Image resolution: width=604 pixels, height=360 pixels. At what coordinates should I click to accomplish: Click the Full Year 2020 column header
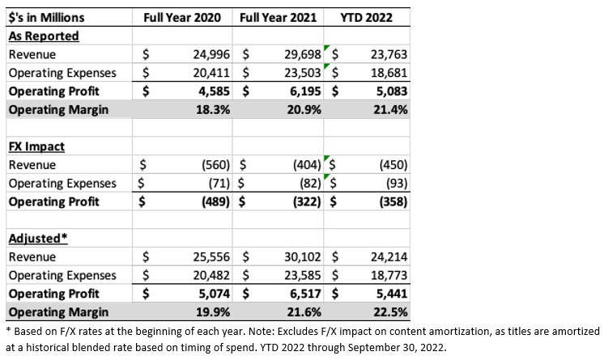pos(182,17)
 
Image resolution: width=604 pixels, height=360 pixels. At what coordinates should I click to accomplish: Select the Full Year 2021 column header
pos(278,17)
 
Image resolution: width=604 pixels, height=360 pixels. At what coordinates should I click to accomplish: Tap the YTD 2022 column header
pos(366,17)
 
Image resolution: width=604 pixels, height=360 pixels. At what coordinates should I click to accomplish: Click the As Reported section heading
pos(44,36)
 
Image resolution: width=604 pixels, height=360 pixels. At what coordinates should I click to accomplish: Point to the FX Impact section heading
pos(36,146)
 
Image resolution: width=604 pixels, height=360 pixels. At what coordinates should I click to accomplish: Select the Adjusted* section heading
pos(38,239)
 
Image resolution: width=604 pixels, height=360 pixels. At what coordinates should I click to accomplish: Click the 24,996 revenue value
pos(211,54)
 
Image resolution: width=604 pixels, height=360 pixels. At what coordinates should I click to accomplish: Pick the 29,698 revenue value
pos(303,54)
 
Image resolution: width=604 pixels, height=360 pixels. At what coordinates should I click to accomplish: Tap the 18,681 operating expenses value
pos(389,73)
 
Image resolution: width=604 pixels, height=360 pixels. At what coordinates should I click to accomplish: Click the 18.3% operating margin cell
pos(213,110)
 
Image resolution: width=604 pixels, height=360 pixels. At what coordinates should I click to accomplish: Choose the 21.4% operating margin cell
pos(390,110)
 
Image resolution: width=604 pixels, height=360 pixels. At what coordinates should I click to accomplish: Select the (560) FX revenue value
pos(215,165)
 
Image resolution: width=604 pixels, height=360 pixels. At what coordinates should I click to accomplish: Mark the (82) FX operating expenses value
pos(310,184)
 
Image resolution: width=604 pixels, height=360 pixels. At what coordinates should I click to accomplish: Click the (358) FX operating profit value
pos(393,201)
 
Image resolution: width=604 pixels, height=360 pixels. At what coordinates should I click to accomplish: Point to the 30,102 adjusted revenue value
pos(303,256)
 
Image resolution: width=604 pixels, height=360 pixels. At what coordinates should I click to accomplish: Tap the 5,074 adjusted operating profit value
pos(215,294)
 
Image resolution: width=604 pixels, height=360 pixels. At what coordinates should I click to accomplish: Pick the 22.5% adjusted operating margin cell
pos(390,312)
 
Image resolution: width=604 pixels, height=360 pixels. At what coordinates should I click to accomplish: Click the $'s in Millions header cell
pos(46,17)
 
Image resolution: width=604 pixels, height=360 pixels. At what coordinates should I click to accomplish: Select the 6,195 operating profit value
pos(305,91)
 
